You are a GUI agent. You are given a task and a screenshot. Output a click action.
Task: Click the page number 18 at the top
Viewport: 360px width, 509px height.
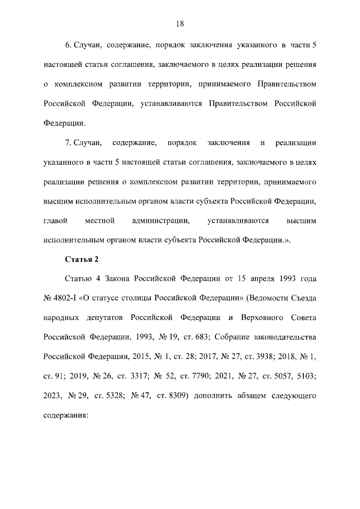tap(180, 24)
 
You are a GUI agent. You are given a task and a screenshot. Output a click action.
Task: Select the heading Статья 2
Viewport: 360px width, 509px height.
tap(82, 259)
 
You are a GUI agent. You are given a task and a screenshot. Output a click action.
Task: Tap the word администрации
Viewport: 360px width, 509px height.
tap(156, 220)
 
